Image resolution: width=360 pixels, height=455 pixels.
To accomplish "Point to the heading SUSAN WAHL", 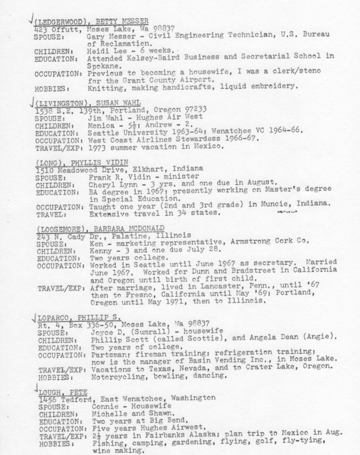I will coord(114,103).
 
